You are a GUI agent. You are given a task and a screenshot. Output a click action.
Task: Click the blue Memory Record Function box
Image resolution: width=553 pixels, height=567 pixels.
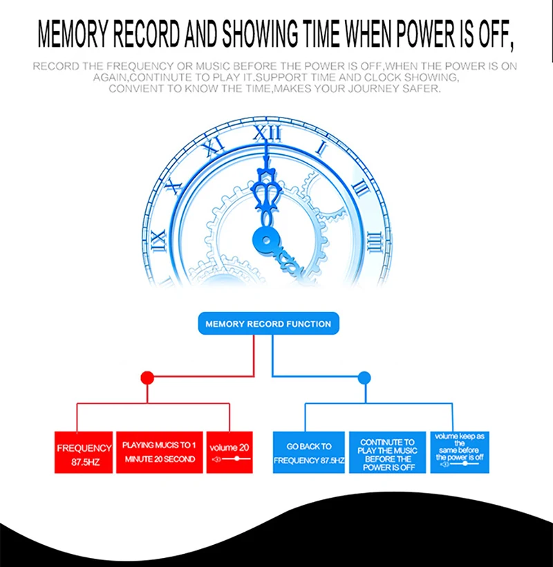click(x=268, y=324)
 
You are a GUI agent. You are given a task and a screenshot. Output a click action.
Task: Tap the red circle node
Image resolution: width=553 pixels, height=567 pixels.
click(x=147, y=378)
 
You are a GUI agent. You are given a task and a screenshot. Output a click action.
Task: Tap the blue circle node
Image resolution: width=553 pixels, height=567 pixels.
click(x=364, y=378)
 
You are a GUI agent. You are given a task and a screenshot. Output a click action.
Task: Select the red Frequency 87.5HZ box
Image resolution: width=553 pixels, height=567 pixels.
click(x=84, y=454)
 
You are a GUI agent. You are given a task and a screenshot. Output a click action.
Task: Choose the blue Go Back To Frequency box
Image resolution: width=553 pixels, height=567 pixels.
click(x=308, y=453)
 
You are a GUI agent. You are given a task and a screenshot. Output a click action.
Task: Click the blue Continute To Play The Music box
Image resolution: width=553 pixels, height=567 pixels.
click(x=387, y=453)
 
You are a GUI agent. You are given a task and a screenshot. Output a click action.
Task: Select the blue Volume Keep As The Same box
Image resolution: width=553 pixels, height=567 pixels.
click(x=460, y=452)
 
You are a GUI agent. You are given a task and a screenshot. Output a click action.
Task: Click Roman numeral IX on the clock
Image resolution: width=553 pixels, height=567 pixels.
click(x=159, y=240)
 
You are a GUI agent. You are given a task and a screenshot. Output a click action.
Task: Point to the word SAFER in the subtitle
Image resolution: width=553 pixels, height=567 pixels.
click(x=420, y=89)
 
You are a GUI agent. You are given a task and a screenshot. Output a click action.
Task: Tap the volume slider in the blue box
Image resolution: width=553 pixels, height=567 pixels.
click(x=460, y=463)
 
